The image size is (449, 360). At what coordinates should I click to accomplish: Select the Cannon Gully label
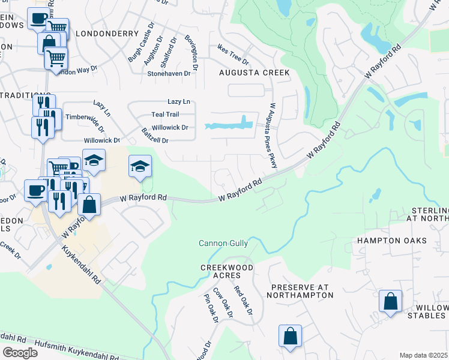[223, 243]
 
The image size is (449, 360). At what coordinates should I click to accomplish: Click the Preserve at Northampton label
[302, 291]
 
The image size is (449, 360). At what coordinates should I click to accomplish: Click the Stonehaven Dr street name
[172, 73]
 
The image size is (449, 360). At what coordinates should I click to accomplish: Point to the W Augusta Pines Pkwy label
[272, 135]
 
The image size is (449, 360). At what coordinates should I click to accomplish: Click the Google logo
[20, 352]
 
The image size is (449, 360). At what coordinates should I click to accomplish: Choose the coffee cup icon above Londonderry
[38, 19]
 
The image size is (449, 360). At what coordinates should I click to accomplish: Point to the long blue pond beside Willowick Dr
[228, 125]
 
